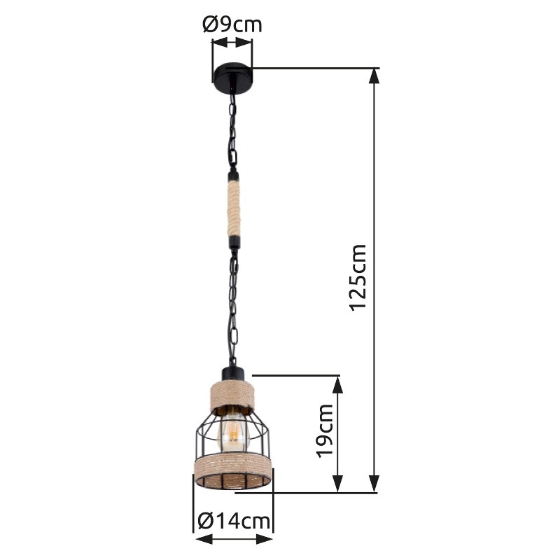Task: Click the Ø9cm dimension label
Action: [232, 24]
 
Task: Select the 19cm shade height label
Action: [325, 430]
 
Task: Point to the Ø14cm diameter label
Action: [234, 521]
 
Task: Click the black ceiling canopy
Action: [232, 78]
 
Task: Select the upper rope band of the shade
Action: [232, 395]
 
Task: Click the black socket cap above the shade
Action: [232, 374]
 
